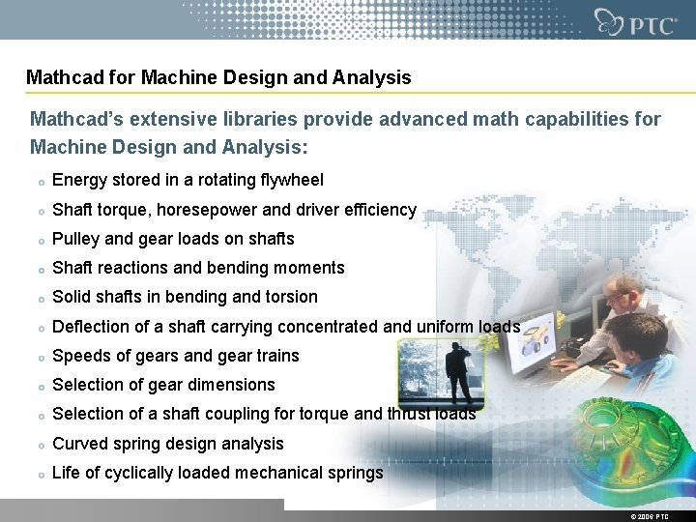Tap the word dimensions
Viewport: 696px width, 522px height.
(x=231, y=385)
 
